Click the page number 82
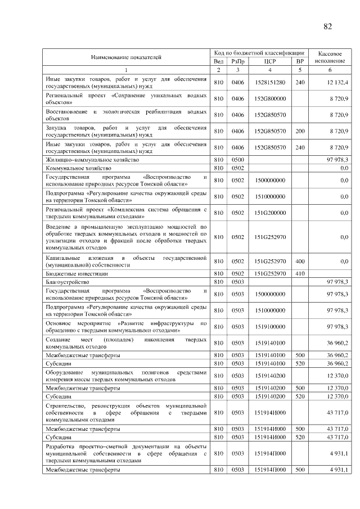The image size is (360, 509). pyautogui.click(x=328, y=26)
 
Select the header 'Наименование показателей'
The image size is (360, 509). pyautogui.click(x=126, y=57)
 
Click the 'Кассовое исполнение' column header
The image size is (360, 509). pyautogui.click(x=330, y=56)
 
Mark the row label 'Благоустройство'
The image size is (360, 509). pyautogui.click(x=67, y=281)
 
